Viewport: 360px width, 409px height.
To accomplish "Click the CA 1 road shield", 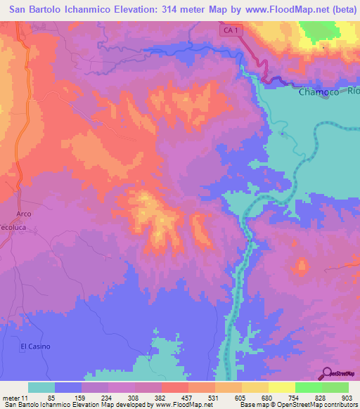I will (x=230, y=32).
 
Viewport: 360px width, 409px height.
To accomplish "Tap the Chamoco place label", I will (x=319, y=92).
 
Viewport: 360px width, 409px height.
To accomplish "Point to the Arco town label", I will (x=25, y=214).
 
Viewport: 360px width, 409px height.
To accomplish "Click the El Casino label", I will (x=32, y=346).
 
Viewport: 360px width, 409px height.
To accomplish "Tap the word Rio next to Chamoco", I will (x=352, y=91).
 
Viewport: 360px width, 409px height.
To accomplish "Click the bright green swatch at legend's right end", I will (x=335, y=387).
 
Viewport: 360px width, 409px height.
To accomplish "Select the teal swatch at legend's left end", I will (x=41, y=387).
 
